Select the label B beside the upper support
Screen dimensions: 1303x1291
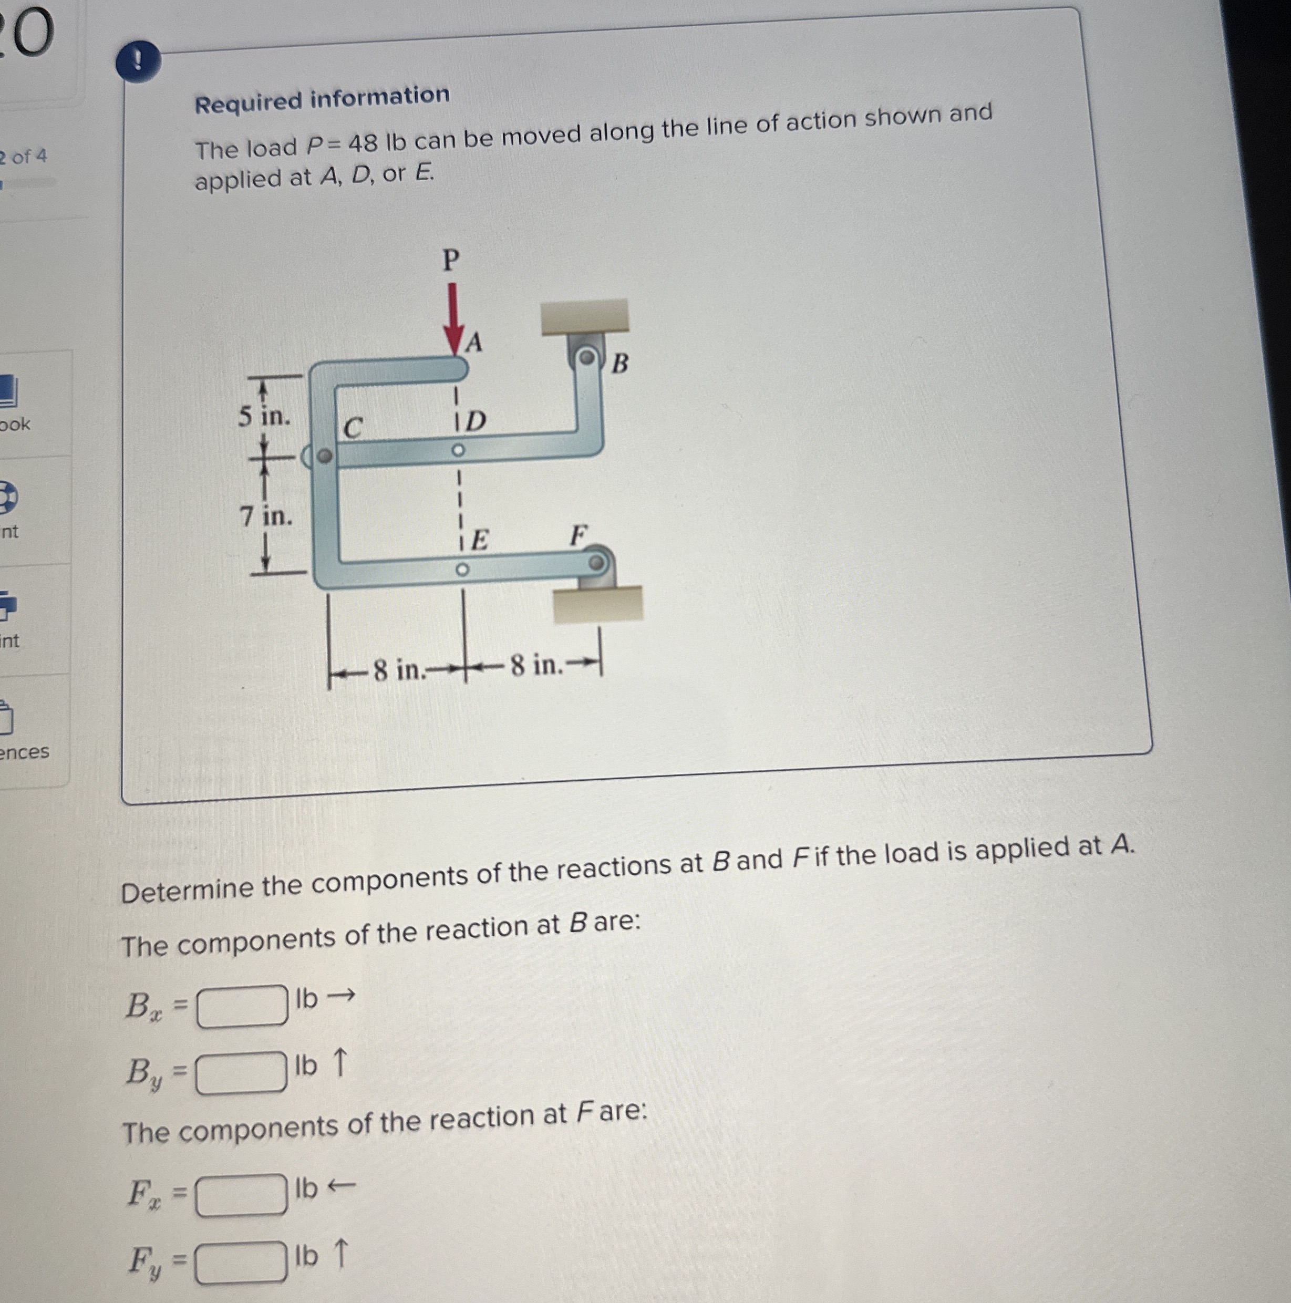pos(620,364)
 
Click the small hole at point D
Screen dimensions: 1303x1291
pos(458,450)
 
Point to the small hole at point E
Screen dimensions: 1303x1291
pos(461,570)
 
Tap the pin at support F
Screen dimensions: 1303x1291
pos(597,562)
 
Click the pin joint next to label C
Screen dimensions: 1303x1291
pos(324,457)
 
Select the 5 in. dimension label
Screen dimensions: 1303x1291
pos(264,416)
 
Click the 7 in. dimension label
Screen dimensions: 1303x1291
pos(266,516)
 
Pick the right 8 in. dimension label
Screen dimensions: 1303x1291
pos(537,666)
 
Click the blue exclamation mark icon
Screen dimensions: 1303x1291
pos(138,62)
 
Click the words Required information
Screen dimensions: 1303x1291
pos(322,99)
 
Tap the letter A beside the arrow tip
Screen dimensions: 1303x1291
pos(475,343)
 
